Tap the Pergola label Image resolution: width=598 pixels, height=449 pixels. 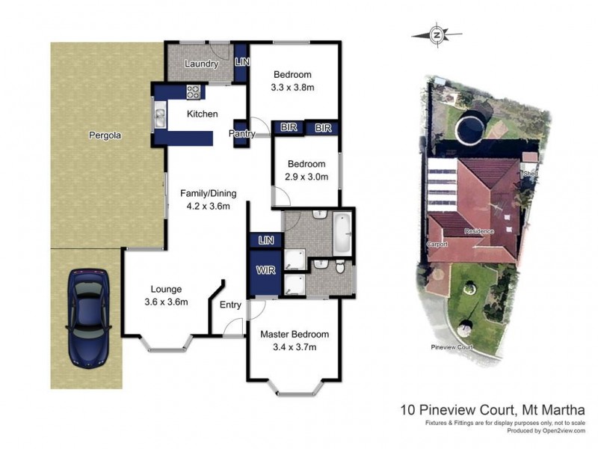click(x=105, y=136)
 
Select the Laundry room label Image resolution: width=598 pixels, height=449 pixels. click(x=200, y=64)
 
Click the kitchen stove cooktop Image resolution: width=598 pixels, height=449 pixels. click(x=193, y=93)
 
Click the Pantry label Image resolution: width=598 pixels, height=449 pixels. click(x=243, y=134)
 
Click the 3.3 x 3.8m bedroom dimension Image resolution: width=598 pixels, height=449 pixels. click(x=292, y=87)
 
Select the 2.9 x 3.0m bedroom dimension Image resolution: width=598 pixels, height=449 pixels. click(x=306, y=177)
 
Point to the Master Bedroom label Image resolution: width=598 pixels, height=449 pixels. click(x=294, y=335)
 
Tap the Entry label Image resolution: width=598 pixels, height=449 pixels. click(x=230, y=305)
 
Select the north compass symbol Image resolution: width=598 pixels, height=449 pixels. click(x=438, y=34)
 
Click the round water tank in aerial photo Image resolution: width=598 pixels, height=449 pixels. click(x=472, y=129)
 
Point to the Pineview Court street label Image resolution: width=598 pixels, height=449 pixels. click(x=453, y=347)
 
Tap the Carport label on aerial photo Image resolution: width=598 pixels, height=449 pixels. click(x=437, y=244)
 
